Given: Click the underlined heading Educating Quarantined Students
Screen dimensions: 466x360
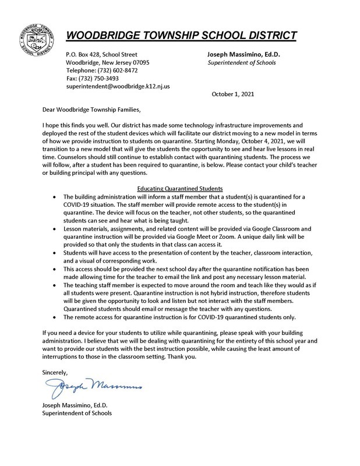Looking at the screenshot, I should (x=179, y=189).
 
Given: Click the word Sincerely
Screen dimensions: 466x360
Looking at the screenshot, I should (x=55, y=371).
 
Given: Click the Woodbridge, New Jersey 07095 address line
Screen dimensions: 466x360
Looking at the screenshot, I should (x=107, y=62).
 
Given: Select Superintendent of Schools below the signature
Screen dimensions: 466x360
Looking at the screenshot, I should (x=76, y=413).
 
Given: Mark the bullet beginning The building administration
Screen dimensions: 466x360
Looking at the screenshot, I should (x=55, y=197).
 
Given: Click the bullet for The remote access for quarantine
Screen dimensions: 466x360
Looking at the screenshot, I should (x=55, y=317).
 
